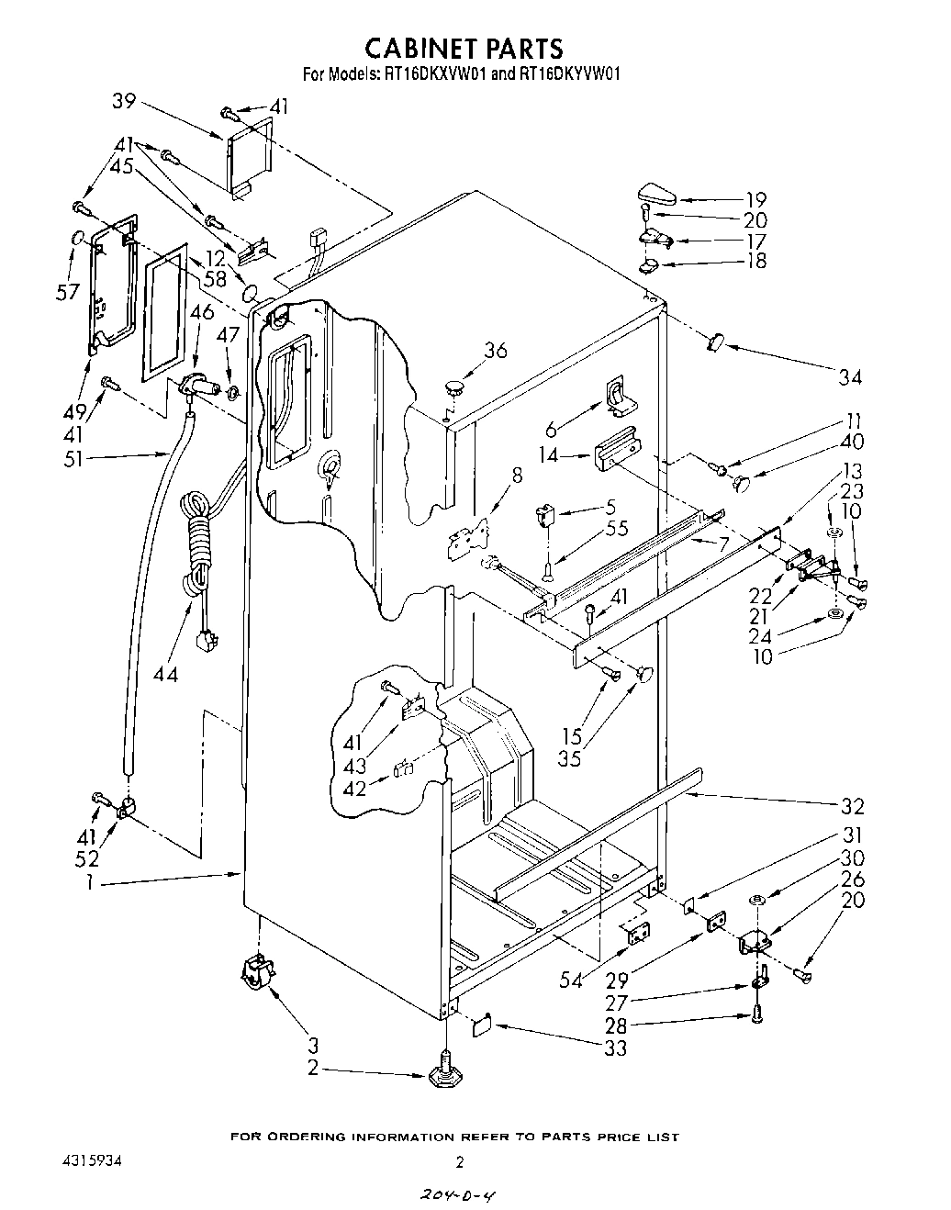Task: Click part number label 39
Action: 124,102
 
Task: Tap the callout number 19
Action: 755,199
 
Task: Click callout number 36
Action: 496,350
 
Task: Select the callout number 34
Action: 849,376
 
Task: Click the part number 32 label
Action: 853,806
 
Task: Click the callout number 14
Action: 547,454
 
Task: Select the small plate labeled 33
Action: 482,1025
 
